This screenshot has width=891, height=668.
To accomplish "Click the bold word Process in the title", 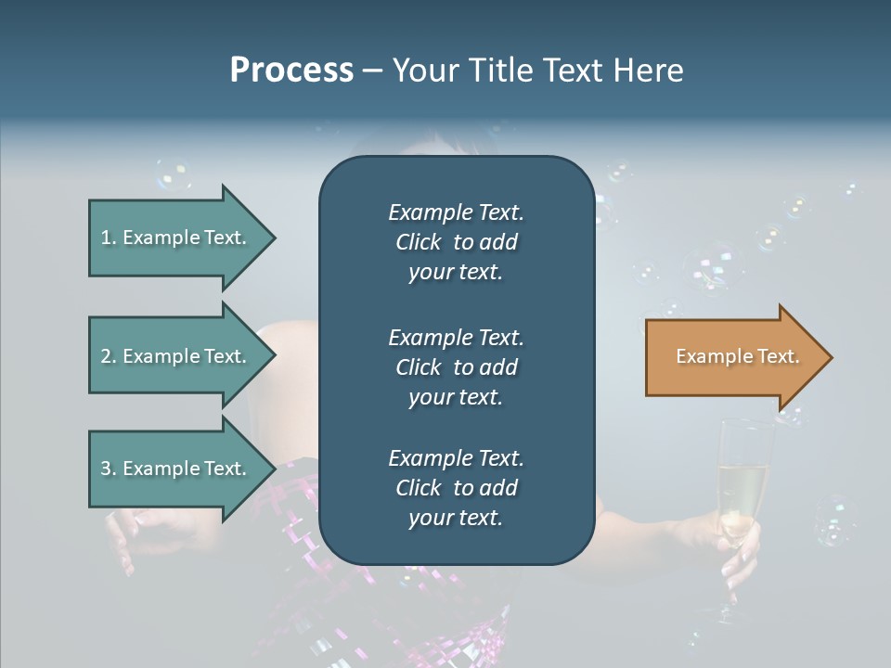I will click(291, 71).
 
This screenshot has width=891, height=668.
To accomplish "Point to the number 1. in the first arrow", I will click(109, 238).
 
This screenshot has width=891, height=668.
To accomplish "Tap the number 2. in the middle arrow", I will click(109, 356).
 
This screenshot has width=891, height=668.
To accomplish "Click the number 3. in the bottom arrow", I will click(109, 469).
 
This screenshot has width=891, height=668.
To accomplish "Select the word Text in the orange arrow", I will click(779, 356).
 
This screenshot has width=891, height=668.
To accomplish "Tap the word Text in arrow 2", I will click(225, 356).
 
